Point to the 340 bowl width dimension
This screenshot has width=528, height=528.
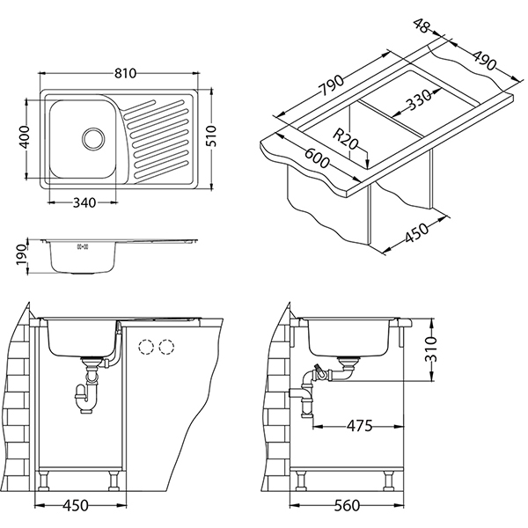(x=84, y=202)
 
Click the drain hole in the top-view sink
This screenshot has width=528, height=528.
(x=92, y=137)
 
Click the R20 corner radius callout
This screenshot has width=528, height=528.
(x=347, y=137)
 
